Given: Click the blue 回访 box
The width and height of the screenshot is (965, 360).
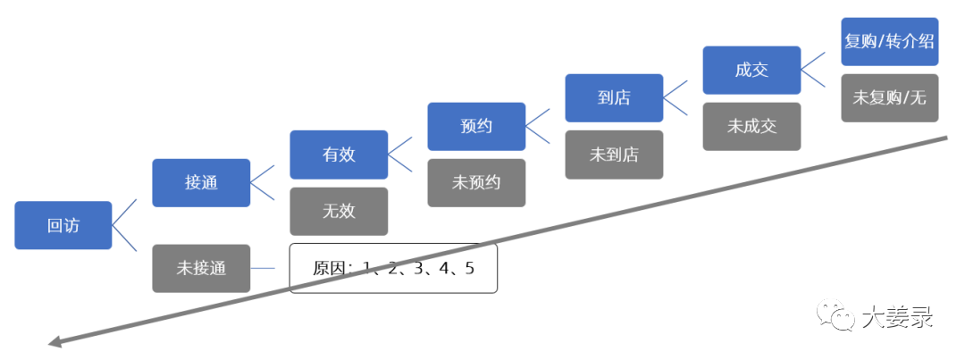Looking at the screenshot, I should (x=63, y=225).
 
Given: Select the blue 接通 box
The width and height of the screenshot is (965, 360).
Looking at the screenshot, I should (x=201, y=182).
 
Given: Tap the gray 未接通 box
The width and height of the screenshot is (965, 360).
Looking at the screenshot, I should (x=201, y=268).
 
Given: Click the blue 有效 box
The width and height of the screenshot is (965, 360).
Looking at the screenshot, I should (x=339, y=155).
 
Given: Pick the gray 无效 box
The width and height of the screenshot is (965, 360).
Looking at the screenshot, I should (x=339, y=212).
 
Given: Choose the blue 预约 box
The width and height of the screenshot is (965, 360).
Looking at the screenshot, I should (x=476, y=126).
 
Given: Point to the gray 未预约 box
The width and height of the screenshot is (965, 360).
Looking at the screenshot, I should (x=476, y=182).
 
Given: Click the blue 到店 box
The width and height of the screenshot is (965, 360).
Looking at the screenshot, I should (x=614, y=97).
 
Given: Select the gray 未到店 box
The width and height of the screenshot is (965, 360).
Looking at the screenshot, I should (x=614, y=155).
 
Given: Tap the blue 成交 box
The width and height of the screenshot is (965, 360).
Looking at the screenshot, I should (x=751, y=70).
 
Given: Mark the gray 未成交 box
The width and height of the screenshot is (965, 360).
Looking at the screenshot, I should (x=751, y=126).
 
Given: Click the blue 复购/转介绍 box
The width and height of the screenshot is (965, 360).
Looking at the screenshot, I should (x=890, y=41).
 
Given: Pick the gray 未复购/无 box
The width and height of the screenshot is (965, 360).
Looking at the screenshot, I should (x=890, y=97).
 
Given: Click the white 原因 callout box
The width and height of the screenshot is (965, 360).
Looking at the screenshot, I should (x=393, y=268).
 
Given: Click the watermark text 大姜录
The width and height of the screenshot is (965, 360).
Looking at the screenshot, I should (x=897, y=316).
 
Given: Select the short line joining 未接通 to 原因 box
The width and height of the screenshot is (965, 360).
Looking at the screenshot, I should (x=270, y=268).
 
